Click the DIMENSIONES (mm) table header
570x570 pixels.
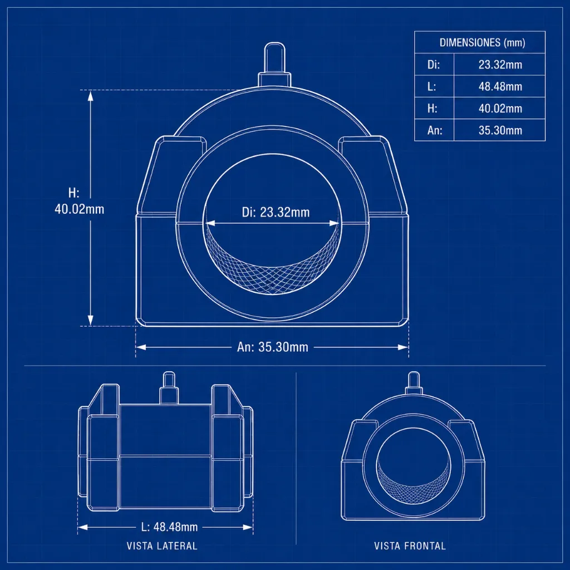[x=482, y=42]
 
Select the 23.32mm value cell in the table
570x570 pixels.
[x=500, y=65]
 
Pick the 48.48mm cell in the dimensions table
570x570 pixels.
[x=500, y=86]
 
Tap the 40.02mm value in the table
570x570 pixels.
[x=500, y=109]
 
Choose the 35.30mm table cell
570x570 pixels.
[x=500, y=130]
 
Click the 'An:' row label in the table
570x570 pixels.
[x=435, y=130]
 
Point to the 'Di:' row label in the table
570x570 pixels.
[x=434, y=65]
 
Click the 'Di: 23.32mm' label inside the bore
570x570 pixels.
[x=276, y=212]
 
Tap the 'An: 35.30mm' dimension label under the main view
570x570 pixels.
[x=273, y=347]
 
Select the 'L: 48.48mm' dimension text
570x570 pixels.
[x=169, y=527]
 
